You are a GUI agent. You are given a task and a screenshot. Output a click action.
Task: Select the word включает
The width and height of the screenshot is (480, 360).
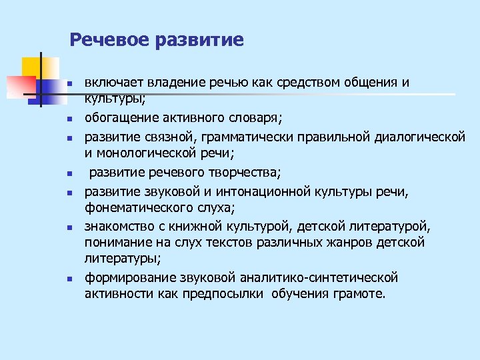point(114,83)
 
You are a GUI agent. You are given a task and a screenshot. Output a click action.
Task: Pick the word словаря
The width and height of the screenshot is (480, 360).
point(257,119)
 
